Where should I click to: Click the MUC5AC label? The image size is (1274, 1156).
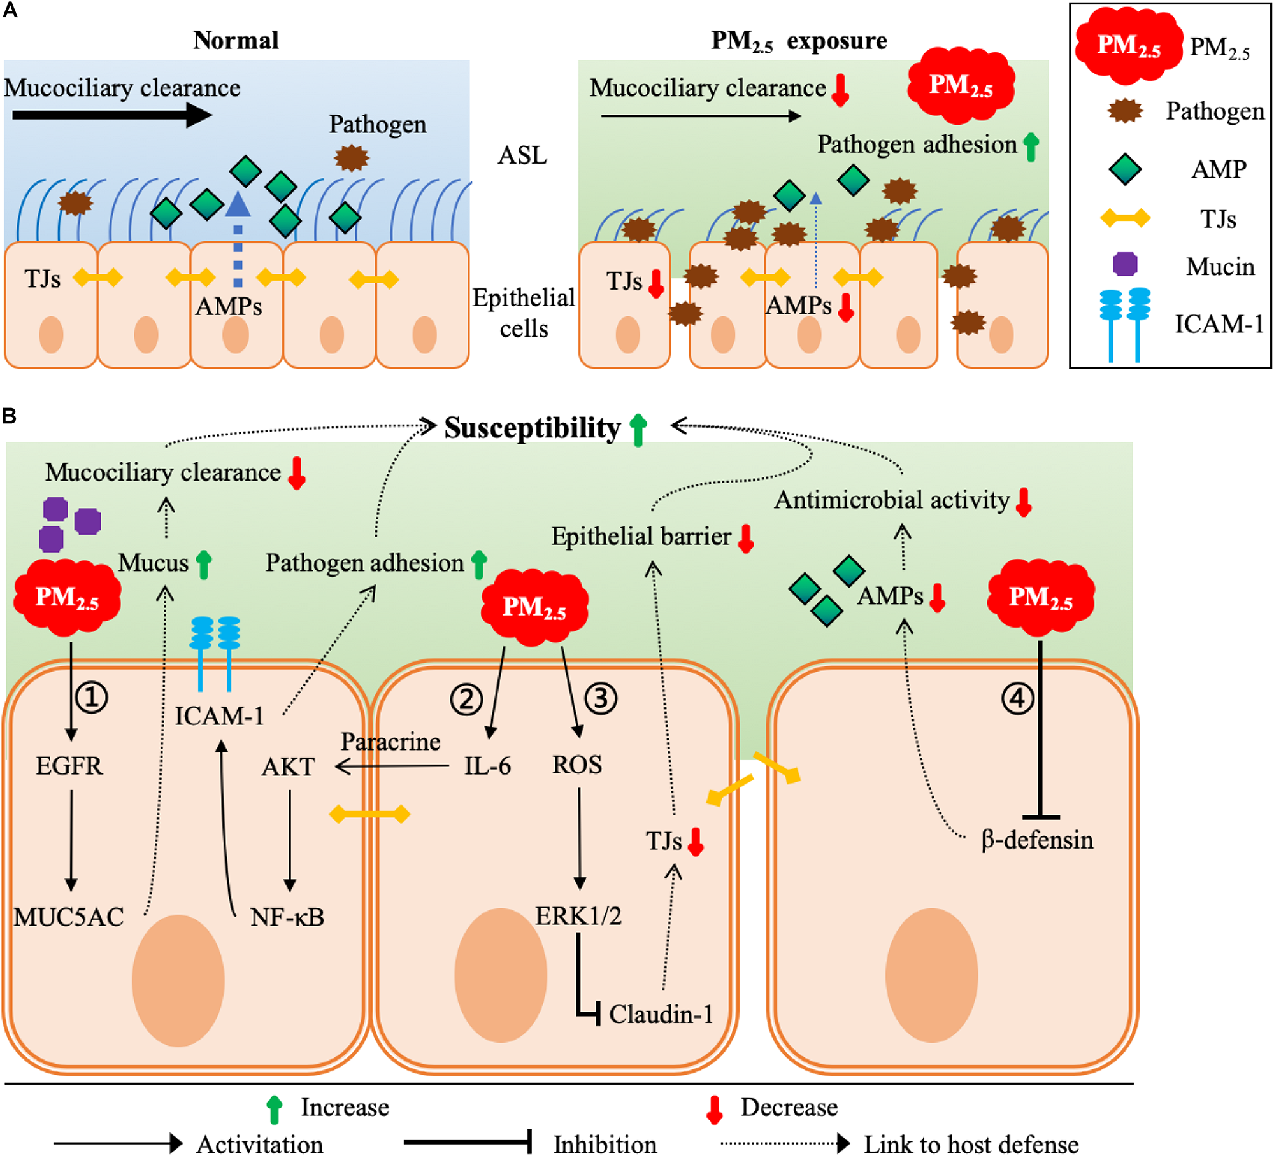[x=69, y=917]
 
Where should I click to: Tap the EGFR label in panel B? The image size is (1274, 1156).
[x=69, y=766]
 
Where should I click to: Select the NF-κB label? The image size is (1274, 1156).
[x=287, y=917]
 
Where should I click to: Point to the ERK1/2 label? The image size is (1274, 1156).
[x=578, y=916]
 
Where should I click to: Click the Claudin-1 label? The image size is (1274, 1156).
[x=661, y=1015]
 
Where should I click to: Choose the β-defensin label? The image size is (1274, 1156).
[x=1037, y=840]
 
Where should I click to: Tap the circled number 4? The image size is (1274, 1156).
[x=1017, y=699]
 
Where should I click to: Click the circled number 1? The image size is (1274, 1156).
[x=92, y=698]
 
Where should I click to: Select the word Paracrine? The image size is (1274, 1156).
[x=390, y=742]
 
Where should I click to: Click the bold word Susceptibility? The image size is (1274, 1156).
[x=532, y=428]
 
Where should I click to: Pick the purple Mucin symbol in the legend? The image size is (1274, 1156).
[x=1125, y=264]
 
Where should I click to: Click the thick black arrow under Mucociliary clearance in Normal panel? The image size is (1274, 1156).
[x=111, y=115]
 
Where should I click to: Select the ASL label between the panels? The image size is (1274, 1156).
[x=522, y=155]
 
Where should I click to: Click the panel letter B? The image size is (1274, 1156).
[x=9, y=416]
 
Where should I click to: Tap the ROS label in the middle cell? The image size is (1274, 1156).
[x=576, y=765]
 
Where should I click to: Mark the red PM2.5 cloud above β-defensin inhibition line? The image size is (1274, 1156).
[x=1040, y=597]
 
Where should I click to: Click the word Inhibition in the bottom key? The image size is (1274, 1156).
[x=605, y=1144]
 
